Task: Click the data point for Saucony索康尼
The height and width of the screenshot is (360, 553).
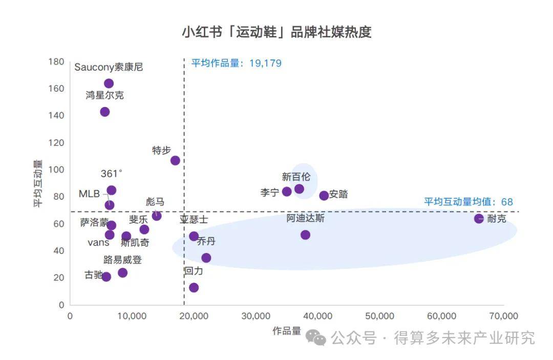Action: [x=109, y=83]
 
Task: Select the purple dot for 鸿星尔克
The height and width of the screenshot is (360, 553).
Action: [x=105, y=112]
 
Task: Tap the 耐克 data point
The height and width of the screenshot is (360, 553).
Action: [x=479, y=219]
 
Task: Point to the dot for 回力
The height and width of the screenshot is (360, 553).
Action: [x=194, y=287]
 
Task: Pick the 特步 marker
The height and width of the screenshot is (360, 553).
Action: [x=175, y=160]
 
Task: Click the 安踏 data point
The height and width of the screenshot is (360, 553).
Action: [x=324, y=196]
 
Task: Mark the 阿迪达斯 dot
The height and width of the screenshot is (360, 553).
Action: [x=305, y=235]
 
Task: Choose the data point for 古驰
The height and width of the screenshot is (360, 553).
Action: [x=107, y=277]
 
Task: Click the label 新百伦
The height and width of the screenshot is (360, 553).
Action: [x=296, y=177]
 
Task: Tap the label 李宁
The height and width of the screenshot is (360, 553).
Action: [x=269, y=193]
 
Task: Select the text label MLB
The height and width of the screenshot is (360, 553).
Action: [x=89, y=194]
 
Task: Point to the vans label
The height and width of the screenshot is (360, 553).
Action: [x=98, y=243]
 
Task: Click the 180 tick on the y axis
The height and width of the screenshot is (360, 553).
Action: [x=56, y=62]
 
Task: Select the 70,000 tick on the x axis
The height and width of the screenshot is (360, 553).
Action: [x=503, y=316]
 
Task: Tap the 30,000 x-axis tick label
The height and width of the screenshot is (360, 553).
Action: [x=256, y=316]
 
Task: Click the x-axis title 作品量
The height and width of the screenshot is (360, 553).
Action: [x=287, y=331]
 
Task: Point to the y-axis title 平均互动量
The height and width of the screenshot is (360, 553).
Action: [x=38, y=183]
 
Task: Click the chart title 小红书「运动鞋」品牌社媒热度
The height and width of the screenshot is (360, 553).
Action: [x=276, y=32]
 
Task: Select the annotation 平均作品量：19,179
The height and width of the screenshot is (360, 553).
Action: [x=236, y=63]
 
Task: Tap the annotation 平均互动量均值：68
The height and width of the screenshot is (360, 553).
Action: [x=468, y=202]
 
